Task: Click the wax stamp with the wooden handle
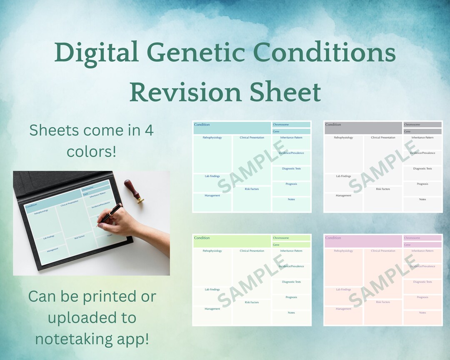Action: [x=134, y=191]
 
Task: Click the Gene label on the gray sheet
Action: [x=407, y=132]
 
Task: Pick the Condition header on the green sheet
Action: [x=202, y=238]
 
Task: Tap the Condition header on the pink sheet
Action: [x=333, y=238]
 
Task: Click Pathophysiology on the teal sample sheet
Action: [x=212, y=137]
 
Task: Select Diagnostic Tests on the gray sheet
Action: [x=422, y=169]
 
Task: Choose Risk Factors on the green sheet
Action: [x=252, y=302]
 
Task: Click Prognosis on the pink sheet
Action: [x=422, y=297]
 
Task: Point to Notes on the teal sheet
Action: [x=291, y=200]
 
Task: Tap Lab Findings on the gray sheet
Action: [x=343, y=176]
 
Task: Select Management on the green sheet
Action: [x=212, y=309]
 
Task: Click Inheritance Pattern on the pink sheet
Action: [x=422, y=251]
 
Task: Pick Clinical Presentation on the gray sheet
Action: [x=383, y=137]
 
